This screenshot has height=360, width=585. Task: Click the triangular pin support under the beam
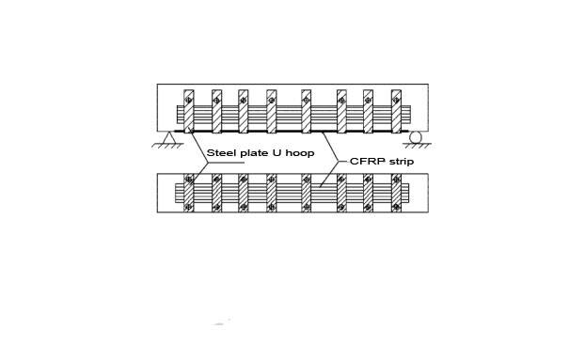tap(170, 139)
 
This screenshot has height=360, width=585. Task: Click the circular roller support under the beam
tap(416, 138)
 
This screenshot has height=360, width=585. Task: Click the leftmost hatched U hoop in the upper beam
tap(189, 112)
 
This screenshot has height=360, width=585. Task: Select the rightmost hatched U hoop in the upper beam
tap(397, 112)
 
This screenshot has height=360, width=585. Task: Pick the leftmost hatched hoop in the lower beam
tap(189, 193)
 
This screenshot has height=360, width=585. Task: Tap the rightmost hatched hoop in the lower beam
tap(397, 193)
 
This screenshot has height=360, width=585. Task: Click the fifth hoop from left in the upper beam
tap(306, 112)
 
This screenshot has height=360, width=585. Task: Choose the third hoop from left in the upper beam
tap(243, 112)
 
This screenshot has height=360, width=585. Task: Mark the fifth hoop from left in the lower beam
tap(306, 193)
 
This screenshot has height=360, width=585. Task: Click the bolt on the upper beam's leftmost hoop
tap(189, 101)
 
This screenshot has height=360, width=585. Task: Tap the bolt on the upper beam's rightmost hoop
tap(397, 101)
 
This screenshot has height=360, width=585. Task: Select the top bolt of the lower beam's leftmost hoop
tap(189, 180)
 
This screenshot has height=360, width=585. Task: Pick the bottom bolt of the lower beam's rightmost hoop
tap(397, 206)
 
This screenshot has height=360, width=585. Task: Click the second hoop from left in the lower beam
tap(216, 193)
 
